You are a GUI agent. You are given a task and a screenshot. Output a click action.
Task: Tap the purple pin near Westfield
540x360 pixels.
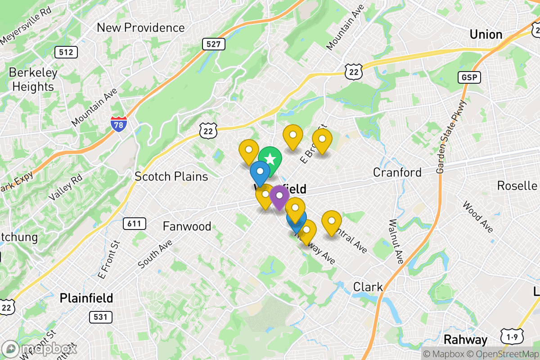pos(279,196)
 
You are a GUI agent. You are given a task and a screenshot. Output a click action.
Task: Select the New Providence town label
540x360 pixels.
pos(141,28)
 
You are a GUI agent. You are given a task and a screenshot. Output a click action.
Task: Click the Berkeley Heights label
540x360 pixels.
pos(33,80)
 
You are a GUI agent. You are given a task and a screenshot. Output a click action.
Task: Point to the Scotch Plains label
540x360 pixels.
pos(171,176)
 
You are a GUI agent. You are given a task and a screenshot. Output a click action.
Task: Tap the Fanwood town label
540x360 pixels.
pos(187,226)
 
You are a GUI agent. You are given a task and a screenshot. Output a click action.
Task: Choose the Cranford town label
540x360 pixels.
pos(397,172)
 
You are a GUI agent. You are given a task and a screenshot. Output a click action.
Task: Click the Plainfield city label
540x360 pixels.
pos(86,298)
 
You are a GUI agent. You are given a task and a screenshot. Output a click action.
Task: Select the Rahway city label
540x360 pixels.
pos(465,339)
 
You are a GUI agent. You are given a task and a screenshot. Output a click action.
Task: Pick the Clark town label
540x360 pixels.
pos(368,287)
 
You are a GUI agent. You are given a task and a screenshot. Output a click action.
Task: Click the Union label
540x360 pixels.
pos(486,35)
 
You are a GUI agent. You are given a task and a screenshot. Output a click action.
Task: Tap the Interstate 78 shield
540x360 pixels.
pos(118,123)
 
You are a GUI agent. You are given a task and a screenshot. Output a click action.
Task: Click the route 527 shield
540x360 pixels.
pos(213,44)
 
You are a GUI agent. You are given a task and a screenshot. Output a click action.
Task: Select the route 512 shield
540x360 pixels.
pos(66,52)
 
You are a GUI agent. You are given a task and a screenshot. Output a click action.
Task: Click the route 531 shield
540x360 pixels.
pos(100,317)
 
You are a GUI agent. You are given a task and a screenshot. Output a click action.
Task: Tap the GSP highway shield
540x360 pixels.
pos(469,77)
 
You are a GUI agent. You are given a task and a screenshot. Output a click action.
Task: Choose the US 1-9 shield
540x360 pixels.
pos(508,337)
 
